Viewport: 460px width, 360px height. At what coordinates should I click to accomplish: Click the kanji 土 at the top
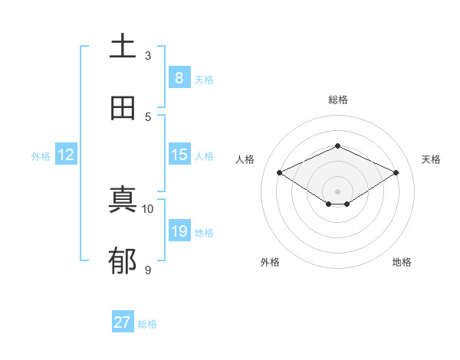pos(123,46)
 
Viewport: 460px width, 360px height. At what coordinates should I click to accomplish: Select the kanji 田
pos(123,108)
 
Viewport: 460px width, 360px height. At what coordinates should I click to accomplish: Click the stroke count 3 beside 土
pos(148,55)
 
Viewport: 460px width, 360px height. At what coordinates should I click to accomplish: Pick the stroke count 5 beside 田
pos(148,116)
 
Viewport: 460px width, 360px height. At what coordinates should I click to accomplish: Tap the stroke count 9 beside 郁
pos(148,270)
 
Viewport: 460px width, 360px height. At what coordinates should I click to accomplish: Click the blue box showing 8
pos(179,78)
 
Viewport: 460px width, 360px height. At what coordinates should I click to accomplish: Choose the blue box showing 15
pos(179,155)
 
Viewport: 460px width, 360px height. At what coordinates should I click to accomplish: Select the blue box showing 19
pos(179,231)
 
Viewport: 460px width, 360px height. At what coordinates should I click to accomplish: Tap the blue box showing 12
pos(66,155)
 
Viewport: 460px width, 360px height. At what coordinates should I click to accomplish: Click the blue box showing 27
pos(123,322)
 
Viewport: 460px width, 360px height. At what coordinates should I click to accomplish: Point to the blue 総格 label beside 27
pos(147,324)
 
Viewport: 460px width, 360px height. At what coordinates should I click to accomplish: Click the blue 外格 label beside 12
pos(41,156)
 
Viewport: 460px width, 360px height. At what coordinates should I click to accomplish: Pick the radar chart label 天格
pos(431,159)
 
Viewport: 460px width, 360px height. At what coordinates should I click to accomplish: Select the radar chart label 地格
pos(402,262)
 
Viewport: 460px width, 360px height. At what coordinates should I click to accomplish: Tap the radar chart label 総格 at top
pos(337,100)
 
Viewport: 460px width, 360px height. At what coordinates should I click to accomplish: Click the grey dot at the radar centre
pos(337,191)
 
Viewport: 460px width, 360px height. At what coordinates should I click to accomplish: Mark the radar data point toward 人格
pos(280,173)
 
